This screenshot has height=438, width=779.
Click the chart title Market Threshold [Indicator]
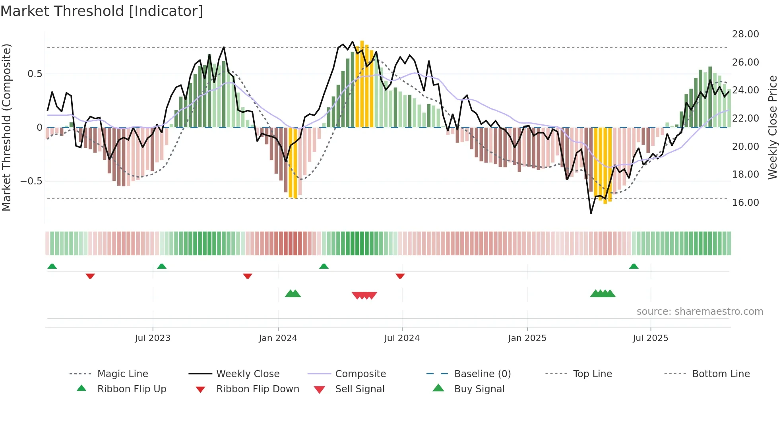pos(102,11)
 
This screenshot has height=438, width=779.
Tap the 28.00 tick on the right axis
pos(745,34)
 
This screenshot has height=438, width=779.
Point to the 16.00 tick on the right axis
pos(745,203)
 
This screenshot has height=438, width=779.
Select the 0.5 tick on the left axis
pos(35,74)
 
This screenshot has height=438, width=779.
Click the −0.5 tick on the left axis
pos(31,181)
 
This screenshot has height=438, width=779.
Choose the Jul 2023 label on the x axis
pos(152,338)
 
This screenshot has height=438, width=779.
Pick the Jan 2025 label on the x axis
pos(527,338)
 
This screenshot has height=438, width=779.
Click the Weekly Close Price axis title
pos(772,127)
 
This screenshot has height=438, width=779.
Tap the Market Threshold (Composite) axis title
pos(6,127)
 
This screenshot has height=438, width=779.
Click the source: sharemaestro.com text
pos(700,312)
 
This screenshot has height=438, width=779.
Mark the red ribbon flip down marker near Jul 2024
pos(400,276)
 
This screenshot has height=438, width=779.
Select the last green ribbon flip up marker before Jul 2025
pos(634,266)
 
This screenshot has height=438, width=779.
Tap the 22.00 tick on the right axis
pos(745,118)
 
